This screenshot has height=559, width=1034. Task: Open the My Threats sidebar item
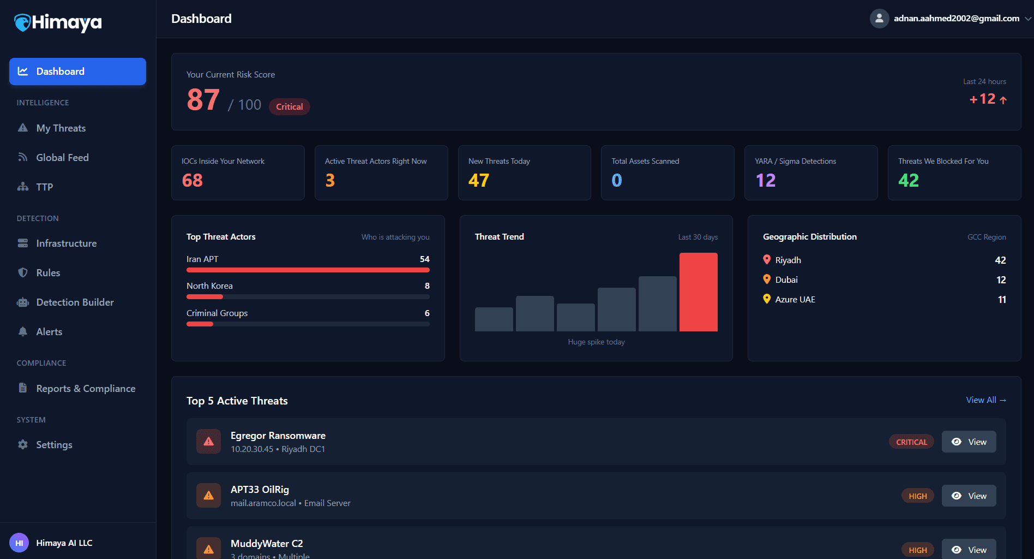61,128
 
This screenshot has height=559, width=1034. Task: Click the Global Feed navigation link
62,158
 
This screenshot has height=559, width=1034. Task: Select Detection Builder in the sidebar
75,302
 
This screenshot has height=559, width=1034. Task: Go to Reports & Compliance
86,389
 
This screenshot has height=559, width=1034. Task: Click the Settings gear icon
23,445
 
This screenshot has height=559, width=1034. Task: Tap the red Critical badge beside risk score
289,107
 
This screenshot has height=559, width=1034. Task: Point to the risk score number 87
203,100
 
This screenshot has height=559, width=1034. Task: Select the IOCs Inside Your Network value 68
193,181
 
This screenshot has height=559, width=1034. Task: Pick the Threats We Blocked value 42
909,181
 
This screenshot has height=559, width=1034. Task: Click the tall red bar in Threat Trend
698,292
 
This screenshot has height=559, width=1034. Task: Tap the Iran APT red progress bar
308,270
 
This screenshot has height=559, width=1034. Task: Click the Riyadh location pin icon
767,260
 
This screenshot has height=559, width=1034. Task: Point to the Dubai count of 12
1001,280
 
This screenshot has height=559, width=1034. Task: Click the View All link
985,400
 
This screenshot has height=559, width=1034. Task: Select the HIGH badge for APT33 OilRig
917,496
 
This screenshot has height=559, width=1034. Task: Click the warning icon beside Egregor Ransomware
208,442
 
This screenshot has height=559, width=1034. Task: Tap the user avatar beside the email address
879,19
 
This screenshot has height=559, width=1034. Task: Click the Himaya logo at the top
58,22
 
